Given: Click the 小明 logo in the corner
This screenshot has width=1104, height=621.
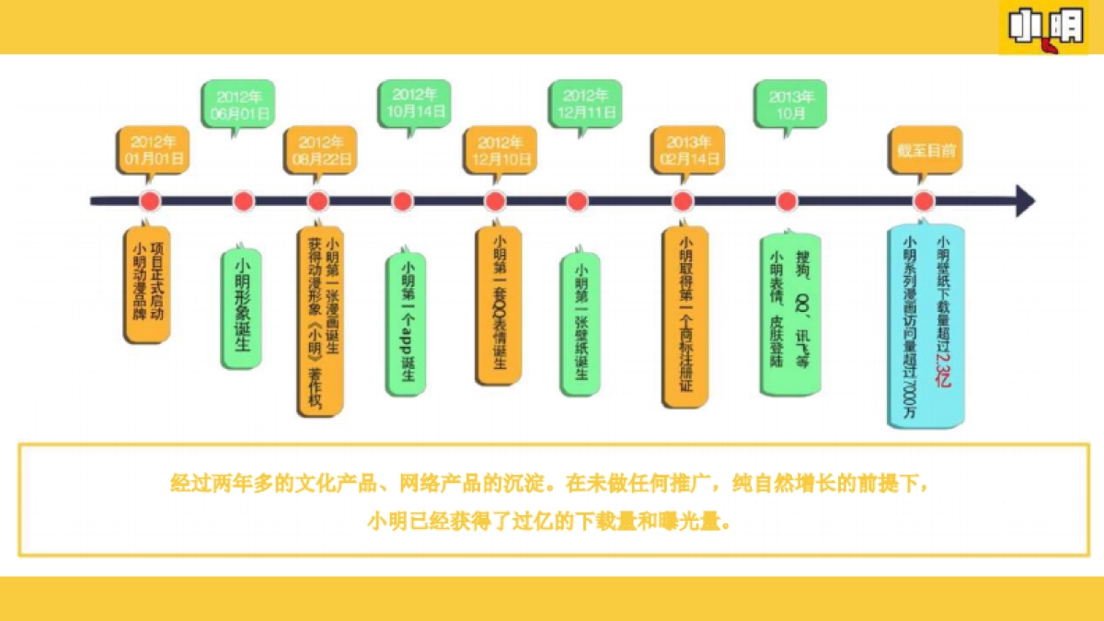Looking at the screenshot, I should coord(1044,27).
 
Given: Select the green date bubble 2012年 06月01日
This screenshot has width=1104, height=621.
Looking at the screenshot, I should coord(237,104).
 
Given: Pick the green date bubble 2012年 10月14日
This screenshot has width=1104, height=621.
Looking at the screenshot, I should coord(413,103).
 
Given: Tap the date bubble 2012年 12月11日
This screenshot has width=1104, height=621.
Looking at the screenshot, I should coord(584,103).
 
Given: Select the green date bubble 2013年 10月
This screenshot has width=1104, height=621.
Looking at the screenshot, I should coord(788,103).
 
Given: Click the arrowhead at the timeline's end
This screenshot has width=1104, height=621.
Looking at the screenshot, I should coord(1024,201).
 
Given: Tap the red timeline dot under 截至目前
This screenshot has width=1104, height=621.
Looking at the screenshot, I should coord(924,201).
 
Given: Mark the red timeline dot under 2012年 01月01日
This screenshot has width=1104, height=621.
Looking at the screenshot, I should coord(149,201).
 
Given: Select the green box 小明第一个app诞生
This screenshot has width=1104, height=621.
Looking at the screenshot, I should coord(405,322).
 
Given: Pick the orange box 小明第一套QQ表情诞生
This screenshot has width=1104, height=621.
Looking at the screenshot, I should coord(499,304).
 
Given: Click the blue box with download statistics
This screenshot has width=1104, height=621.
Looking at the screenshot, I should coord(926,327).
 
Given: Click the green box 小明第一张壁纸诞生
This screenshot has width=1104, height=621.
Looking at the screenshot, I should coord(580,322).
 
